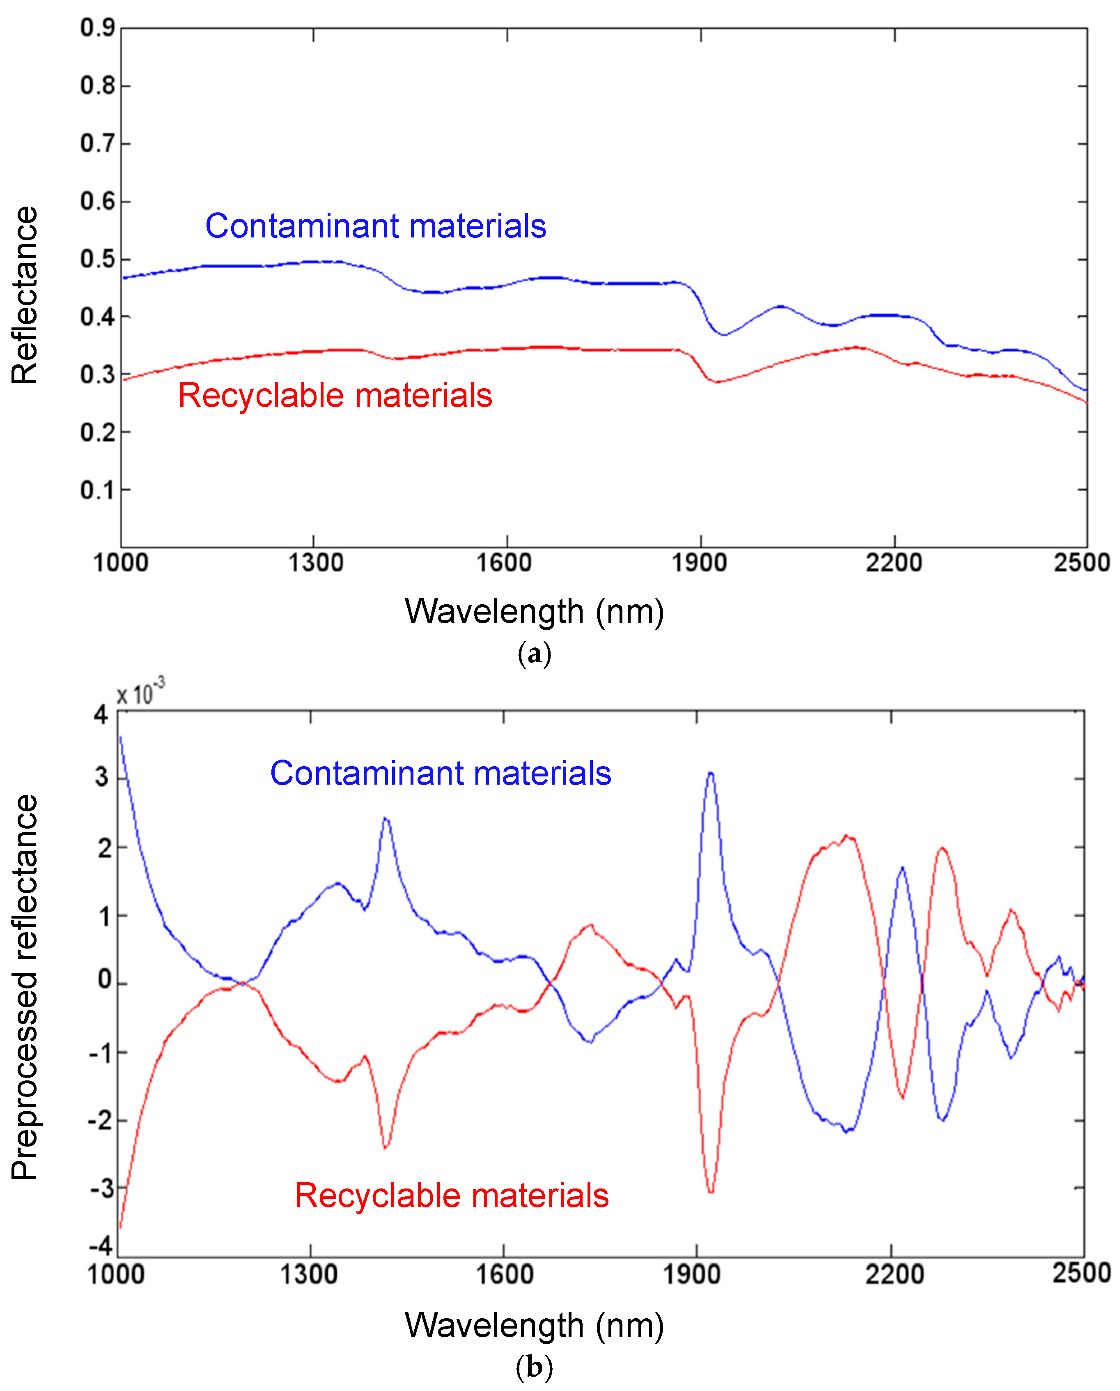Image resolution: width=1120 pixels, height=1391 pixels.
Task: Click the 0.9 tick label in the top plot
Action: click(x=97, y=28)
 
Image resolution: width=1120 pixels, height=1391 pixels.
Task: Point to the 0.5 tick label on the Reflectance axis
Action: click(x=97, y=260)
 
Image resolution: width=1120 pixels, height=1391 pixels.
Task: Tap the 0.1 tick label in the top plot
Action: click(x=97, y=491)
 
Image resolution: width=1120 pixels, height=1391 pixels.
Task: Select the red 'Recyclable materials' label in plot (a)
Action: click(x=335, y=396)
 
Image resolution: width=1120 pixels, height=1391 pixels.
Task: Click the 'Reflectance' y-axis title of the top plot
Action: click(x=25, y=296)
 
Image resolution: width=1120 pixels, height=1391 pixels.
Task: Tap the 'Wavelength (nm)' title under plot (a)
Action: click(x=534, y=611)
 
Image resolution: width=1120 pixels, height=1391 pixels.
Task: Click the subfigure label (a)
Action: click(x=534, y=654)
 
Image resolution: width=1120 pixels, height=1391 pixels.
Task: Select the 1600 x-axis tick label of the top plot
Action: click(x=504, y=563)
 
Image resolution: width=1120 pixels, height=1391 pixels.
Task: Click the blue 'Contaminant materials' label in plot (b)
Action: click(x=440, y=773)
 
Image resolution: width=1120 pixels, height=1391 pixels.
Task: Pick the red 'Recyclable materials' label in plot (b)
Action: click(x=452, y=1195)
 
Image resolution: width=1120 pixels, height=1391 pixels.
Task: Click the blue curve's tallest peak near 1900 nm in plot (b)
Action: click(x=710, y=773)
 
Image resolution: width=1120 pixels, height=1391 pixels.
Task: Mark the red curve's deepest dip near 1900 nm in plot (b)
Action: click(x=710, y=1191)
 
